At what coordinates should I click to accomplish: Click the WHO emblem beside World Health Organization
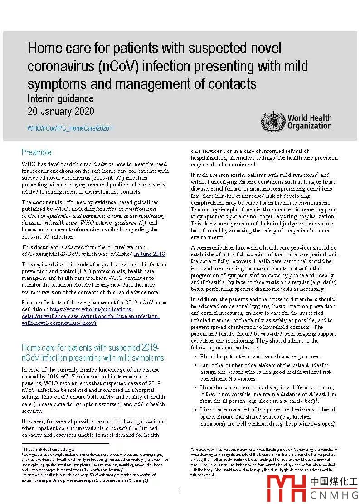272,121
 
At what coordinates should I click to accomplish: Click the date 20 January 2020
61,112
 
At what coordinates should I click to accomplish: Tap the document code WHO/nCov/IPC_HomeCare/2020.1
70,128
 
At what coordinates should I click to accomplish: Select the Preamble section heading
37,152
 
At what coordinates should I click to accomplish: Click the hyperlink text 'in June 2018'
150,254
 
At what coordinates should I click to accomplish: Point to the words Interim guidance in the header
60,99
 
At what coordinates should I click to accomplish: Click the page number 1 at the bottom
180,490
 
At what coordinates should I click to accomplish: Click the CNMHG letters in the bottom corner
334,494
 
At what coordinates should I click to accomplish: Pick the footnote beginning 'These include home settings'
49,450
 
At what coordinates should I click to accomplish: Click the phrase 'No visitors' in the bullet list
240,379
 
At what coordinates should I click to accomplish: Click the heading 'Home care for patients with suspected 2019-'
90,348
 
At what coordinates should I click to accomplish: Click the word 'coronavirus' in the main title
60,66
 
